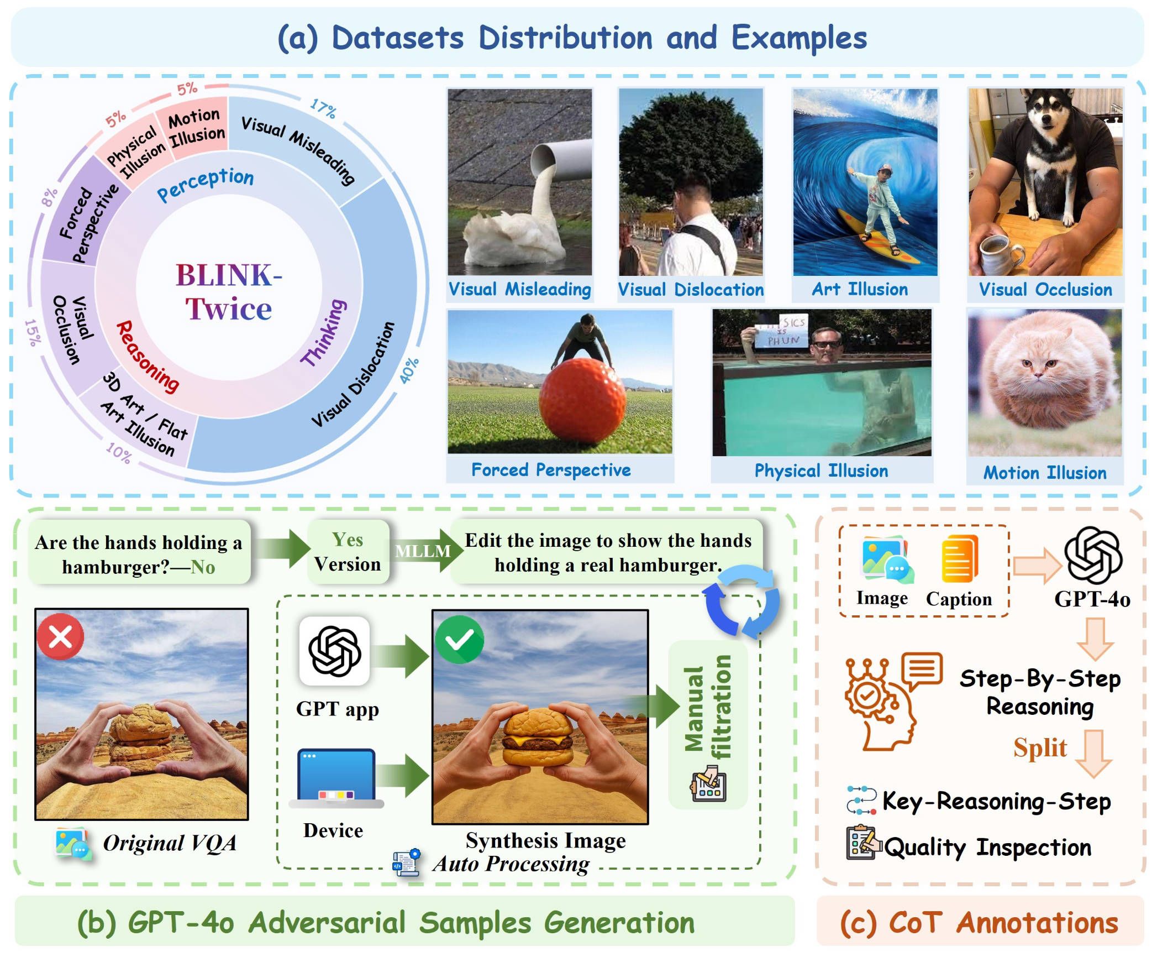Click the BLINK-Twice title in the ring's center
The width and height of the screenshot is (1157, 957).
pos(229,291)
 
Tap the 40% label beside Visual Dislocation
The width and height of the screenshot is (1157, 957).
pos(409,370)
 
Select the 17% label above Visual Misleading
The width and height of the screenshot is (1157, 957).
pos(323,108)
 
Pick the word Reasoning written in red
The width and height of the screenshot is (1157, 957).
pos(148,357)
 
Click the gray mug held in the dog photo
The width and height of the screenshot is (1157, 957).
pos(1000,254)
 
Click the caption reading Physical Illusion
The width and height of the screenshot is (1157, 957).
pos(821,470)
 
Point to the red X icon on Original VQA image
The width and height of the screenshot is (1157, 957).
pos(60,637)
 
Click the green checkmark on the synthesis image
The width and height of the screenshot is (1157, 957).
pos(459,640)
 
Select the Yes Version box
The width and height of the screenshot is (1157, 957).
pos(348,552)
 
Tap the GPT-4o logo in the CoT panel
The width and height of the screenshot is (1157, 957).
pos(1093,555)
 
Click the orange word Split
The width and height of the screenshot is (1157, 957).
pos(1040,747)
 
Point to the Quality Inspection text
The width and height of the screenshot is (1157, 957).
pos(988,847)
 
